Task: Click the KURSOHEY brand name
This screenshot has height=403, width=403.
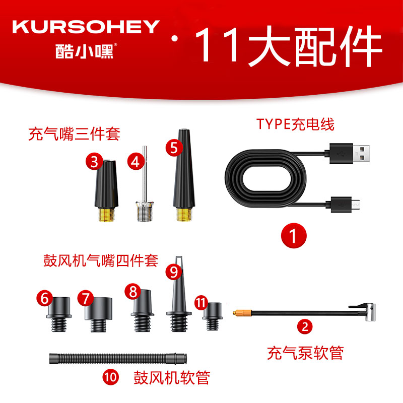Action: point(86,27)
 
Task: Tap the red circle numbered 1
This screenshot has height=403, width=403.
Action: point(294,235)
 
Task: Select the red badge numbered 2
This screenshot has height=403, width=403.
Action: point(305,326)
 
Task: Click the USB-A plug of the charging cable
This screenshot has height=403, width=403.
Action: point(349,153)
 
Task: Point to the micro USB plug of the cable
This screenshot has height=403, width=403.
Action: point(343,205)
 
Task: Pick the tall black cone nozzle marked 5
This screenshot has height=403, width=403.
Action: point(184,175)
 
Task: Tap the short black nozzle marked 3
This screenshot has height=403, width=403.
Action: point(106,191)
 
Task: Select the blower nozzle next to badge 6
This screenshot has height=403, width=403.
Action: point(59,314)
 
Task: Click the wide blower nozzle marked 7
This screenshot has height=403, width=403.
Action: point(98,314)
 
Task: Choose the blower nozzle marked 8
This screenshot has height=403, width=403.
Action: point(143,311)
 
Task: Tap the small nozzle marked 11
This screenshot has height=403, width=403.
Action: point(213,316)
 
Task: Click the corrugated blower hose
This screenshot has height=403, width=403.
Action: point(118,359)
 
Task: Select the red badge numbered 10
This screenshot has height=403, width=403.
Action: point(111,377)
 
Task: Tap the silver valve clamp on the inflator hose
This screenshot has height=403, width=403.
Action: point(367,311)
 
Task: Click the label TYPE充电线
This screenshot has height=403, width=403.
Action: point(295,124)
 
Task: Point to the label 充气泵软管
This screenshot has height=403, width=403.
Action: point(305,353)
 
